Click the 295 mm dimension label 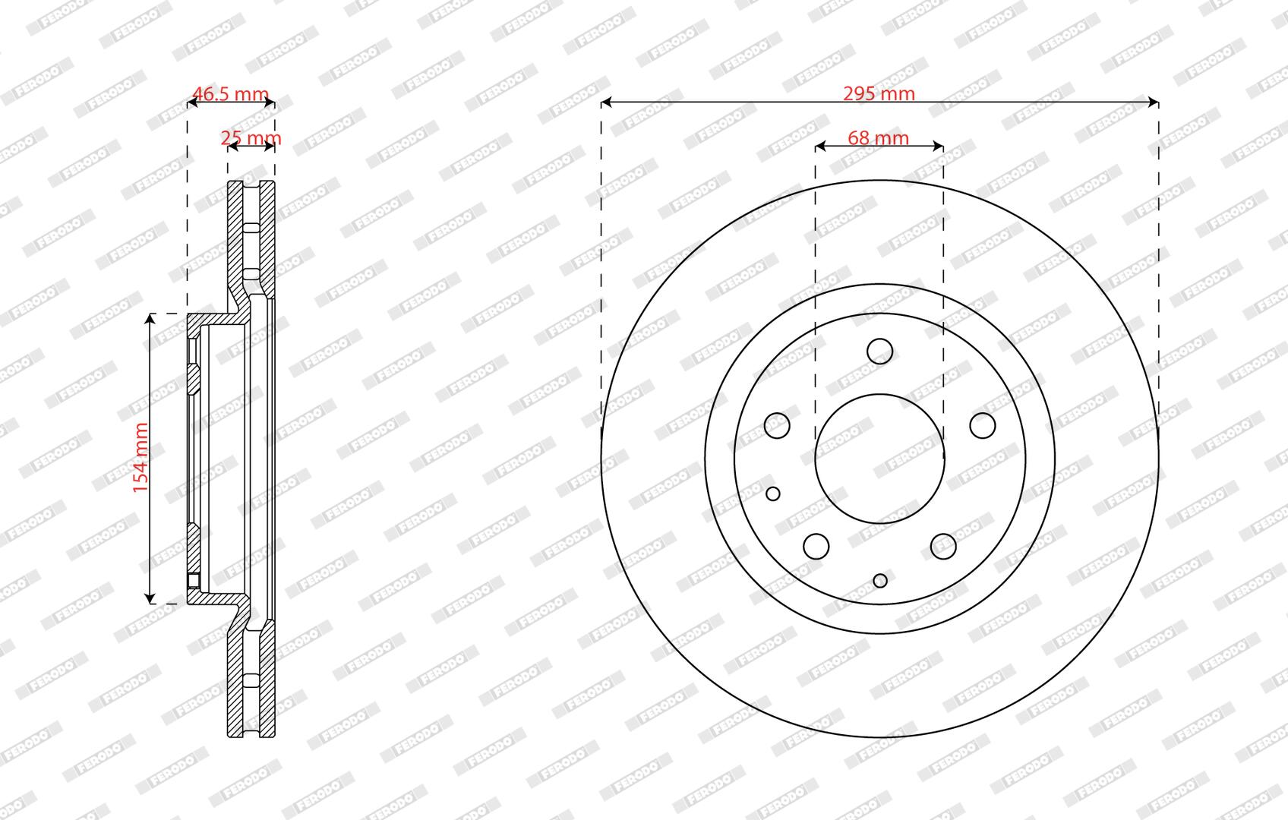point(879,93)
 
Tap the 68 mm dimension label point(878,138)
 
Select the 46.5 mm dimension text point(230,93)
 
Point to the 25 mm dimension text point(251,138)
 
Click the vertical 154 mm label point(141,458)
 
